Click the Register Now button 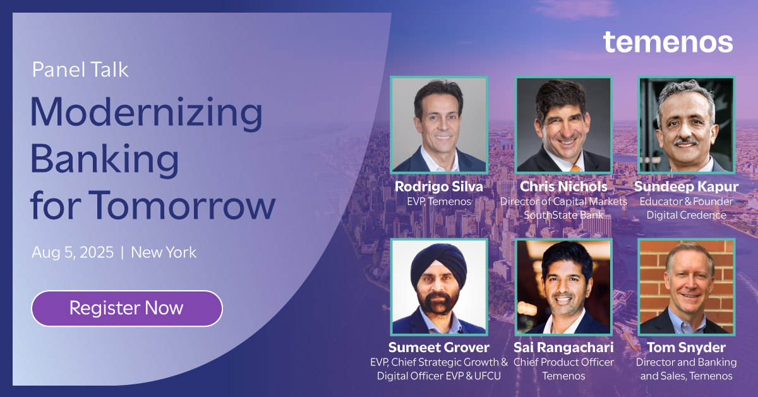click(126, 308)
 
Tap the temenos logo click(668, 42)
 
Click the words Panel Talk click(80, 70)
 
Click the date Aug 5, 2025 click(73, 252)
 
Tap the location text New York click(164, 252)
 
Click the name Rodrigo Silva click(438, 186)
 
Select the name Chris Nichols click(563, 186)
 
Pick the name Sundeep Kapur click(686, 186)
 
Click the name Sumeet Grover click(438, 348)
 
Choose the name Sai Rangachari click(563, 348)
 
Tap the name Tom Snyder click(686, 348)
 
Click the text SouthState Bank click(563, 215)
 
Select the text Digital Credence click(686, 215)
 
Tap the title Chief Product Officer click(563, 362)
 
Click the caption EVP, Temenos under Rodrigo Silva click(438, 201)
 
